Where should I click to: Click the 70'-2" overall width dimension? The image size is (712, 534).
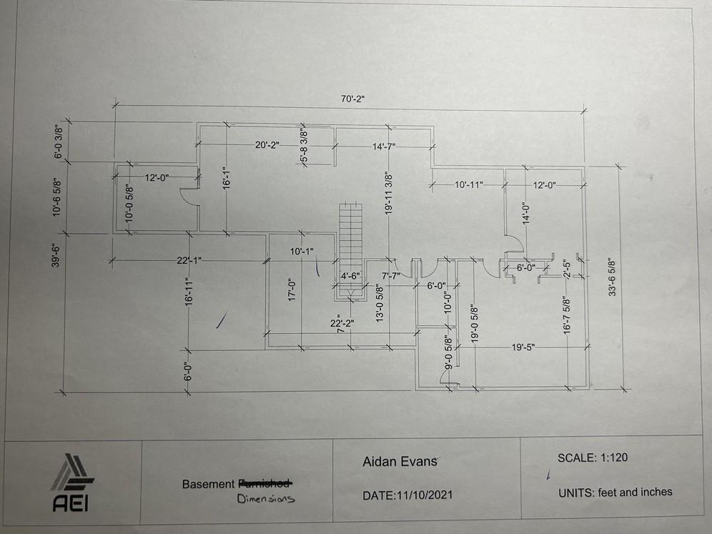coord(352,99)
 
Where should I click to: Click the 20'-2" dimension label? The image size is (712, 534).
coord(267,145)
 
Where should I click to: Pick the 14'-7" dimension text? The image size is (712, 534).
coord(383,147)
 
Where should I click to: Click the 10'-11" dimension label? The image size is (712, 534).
coord(469,185)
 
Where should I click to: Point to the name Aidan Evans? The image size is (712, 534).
coord(400,462)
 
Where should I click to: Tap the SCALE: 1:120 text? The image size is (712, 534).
coord(593,458)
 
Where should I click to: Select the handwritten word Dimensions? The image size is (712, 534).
coord(266,499)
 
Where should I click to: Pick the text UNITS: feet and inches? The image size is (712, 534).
coord(615,492)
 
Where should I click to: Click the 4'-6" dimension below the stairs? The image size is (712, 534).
coord(351,275)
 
